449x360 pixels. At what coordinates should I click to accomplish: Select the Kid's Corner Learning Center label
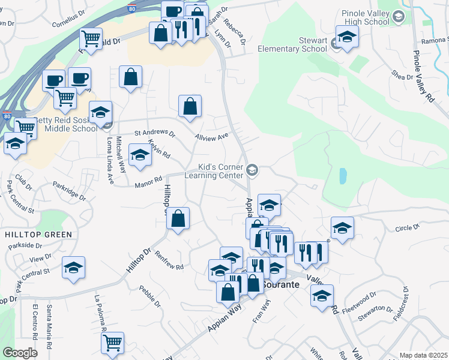[x=221, y=171]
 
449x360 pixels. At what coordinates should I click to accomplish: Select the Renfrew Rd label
[x=169, y=259]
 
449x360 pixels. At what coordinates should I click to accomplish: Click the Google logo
[x=20, y=353]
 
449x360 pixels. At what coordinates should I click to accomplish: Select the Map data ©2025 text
[x=423, y=355]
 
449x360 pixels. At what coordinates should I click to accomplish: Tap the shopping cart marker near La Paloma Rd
[x=112, y=344]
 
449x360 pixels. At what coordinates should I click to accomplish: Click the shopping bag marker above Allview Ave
[x=190, y=107]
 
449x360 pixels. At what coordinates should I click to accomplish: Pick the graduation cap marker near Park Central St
[x=73, y=268]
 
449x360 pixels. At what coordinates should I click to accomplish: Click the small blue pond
[x=342, y=176]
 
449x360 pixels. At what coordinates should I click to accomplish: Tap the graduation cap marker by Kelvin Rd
[x=140, y=156]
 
